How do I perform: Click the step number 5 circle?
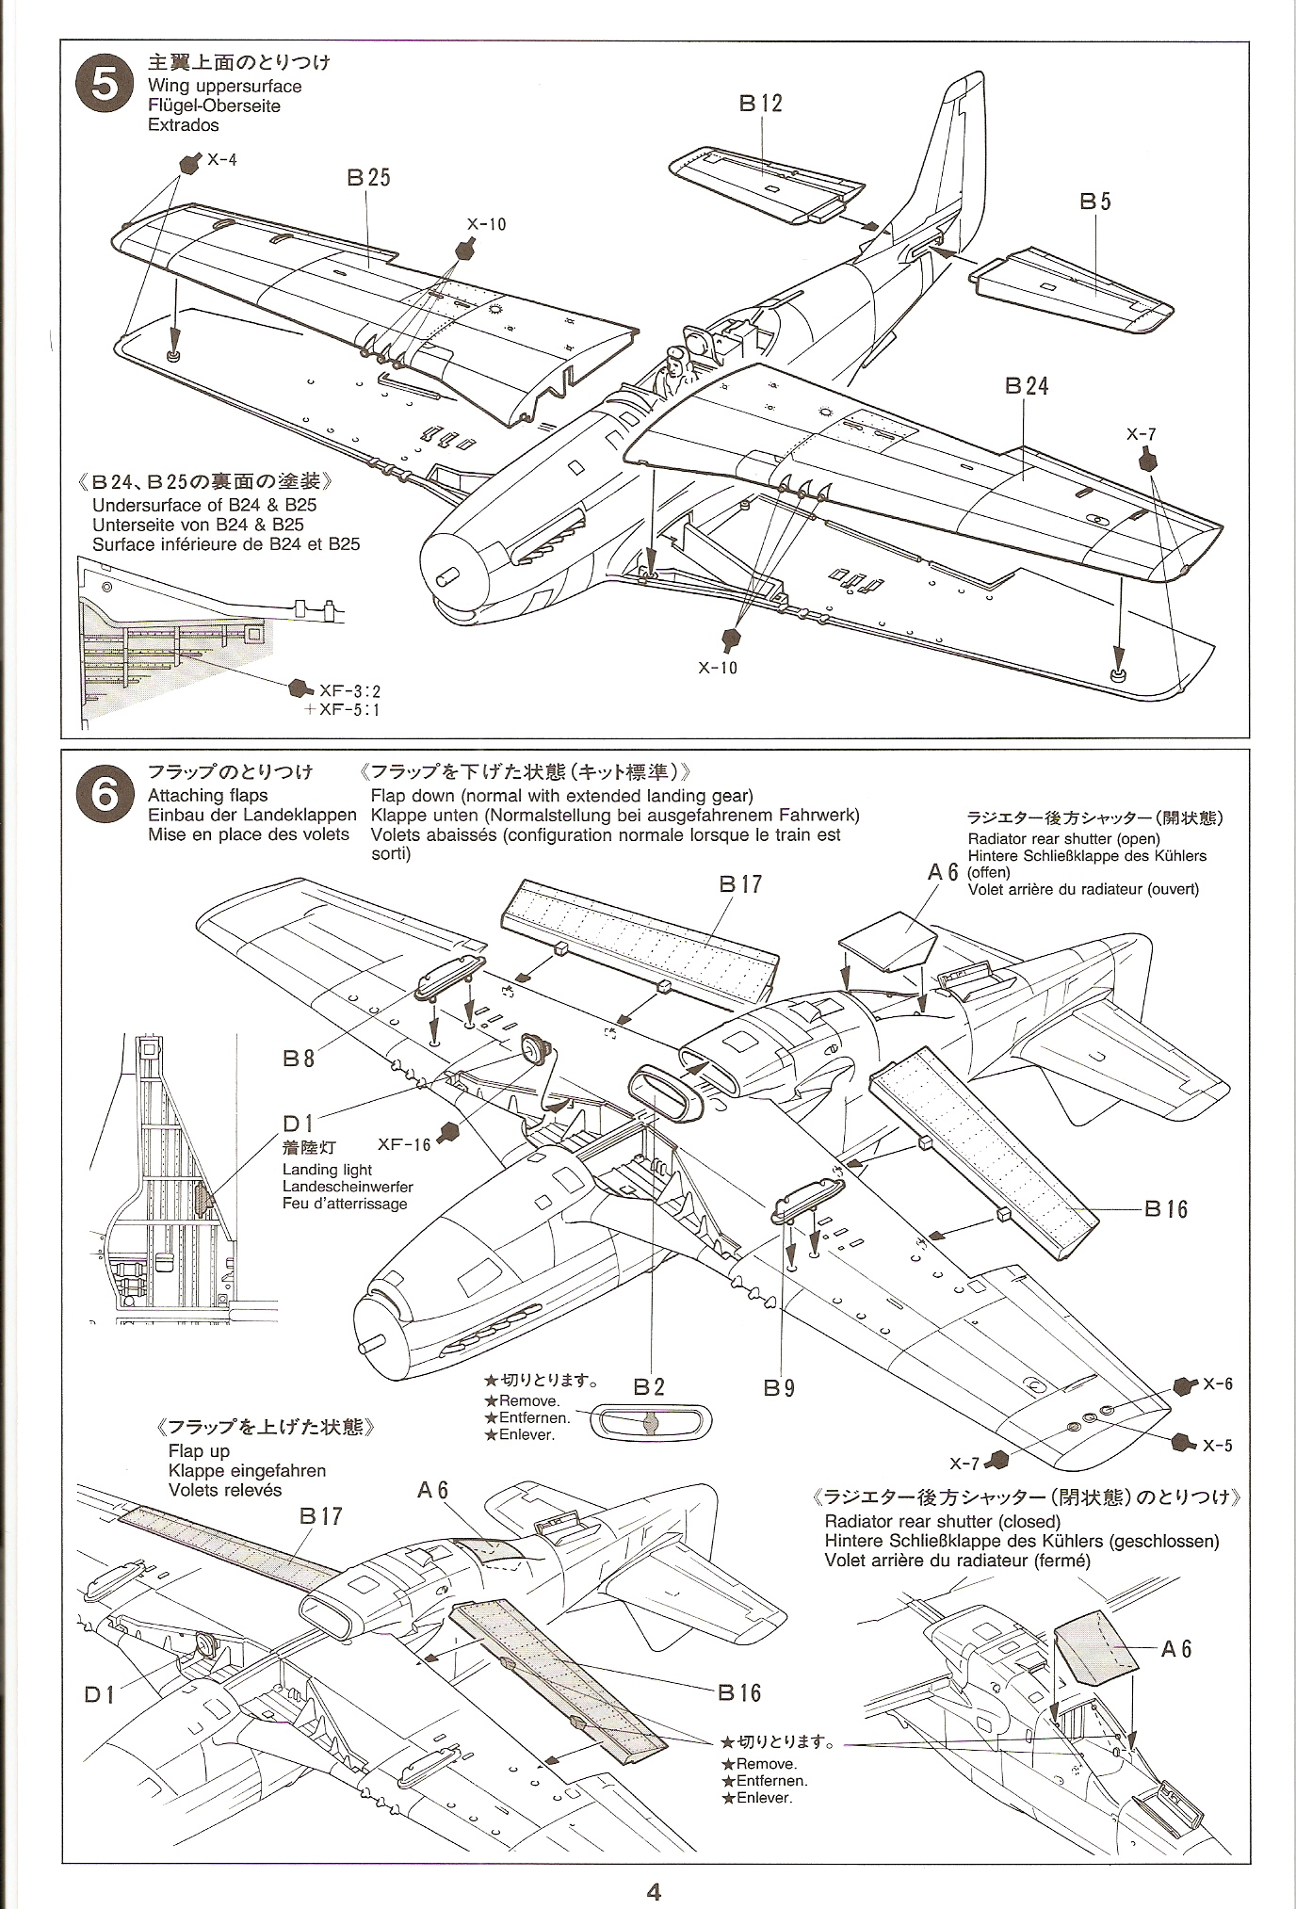106,87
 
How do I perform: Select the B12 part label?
760,104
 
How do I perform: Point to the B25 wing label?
368,178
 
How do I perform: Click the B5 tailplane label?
1095,202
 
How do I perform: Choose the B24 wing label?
1026,386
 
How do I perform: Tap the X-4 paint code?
222,160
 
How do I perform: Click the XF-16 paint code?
404,1144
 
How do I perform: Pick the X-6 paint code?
1217,1384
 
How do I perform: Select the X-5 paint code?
1217,1446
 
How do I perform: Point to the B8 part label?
299,1059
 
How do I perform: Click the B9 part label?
780,1387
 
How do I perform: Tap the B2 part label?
649,1386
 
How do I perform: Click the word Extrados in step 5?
183,125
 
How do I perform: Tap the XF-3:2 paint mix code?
350,691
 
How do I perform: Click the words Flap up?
199,1451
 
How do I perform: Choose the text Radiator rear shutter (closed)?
942,1521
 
